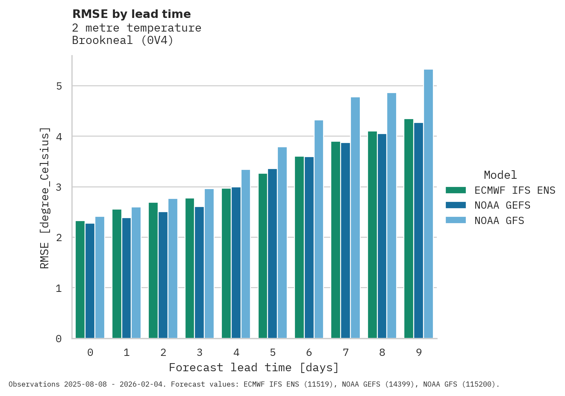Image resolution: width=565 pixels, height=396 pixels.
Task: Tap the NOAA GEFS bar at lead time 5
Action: click(x=272, y=253)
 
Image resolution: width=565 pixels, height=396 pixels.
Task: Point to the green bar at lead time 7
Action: click(x=335, y=240)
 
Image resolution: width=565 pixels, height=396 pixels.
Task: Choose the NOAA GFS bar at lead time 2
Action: click(x=173, y=268)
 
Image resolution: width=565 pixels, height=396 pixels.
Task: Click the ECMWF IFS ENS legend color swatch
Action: click(x=456, y=190)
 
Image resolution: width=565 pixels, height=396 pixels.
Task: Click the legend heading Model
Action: click(x=500, y=175)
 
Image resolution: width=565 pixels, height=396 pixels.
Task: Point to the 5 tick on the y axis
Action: click(x=59, y=86)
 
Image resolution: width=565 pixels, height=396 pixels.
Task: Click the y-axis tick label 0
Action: click(x=59, y=339)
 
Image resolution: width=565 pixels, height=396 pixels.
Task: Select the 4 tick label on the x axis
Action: click(x=236, y=352)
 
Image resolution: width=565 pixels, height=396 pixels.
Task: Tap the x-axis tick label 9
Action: click(x=419, y=352)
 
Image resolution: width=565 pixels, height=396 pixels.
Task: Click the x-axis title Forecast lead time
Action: click(x=254, y=368)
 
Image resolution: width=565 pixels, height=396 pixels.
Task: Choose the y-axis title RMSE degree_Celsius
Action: click(x=45, y=198)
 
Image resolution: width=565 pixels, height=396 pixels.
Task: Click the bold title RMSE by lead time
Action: click(x=132, y=14)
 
